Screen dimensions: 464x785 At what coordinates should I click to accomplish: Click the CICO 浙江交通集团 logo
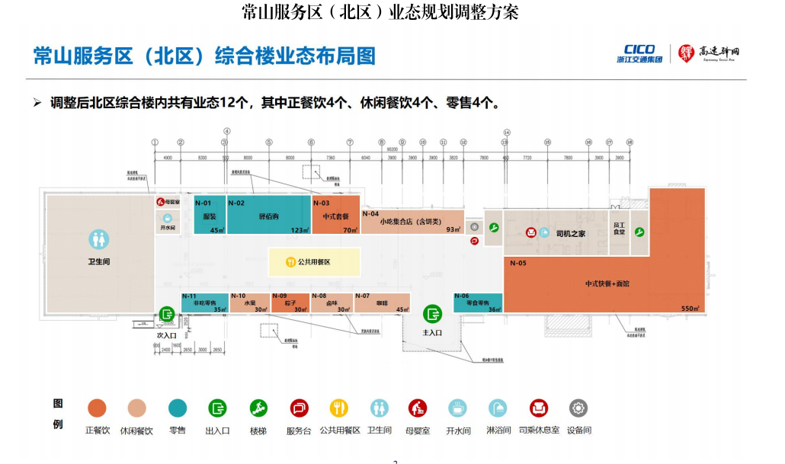pyautogui.click(x=639, y=54)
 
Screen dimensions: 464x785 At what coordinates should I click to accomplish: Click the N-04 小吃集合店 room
pyautogui.click(x=412, y=222)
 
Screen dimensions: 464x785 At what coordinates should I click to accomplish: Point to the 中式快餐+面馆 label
pyautogui.click(x=607, y=283)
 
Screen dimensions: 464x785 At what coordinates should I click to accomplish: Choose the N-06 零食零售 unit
pyautogui.click(x=478, y=302)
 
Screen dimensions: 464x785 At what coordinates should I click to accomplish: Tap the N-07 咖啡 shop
pyautogui.click(x=382, y=302)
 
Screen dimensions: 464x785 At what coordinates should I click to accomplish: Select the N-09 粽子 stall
pyautogui.click(x=290, y=302)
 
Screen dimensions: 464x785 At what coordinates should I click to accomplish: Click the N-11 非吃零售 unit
pyautogui.click(x=204, y=302)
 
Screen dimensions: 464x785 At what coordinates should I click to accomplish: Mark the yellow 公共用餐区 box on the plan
pyautogui.click(x=314, y=261)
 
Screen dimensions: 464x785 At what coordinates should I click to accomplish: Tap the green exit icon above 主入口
pyautogui.click(x=433, y=312)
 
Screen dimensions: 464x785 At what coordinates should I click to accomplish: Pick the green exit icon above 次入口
pyautogui.click(x=167, y=314)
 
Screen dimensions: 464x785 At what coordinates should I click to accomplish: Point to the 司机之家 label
pyautogui.click(x=571, y=233)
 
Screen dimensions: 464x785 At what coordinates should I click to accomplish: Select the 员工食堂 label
pyautogui.click(x=620, y=229)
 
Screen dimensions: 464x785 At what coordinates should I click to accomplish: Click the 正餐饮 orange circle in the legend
pyautogui.click(x=97, y=408)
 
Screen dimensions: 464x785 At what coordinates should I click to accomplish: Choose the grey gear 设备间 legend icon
pyautogui.click(x=579, y=408)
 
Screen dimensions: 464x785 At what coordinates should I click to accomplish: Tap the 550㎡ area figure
pyautogui.click(x=690, y=309)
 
